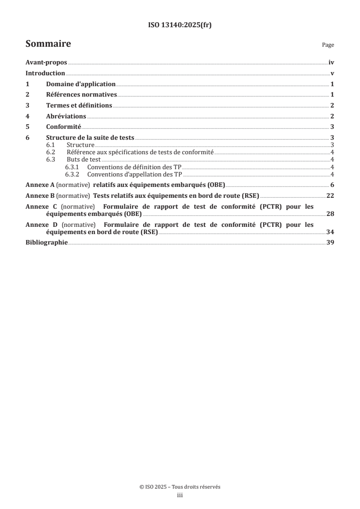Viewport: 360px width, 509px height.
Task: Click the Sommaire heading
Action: point(48,44)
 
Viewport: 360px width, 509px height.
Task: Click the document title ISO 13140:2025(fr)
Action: point(180,25)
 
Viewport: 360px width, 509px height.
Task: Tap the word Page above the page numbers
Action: point(328,45)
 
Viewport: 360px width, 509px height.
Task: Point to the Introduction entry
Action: point(45,73)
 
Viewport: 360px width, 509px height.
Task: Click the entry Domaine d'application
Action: point(81,84)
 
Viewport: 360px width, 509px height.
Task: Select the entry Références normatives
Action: point(82,95)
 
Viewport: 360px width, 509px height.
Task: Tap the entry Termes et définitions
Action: point(79,105)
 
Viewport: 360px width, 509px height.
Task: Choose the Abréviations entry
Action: point(66,116)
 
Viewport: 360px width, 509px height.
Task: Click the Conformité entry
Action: point(64,127)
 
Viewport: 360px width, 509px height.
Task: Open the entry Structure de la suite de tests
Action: point(90,137)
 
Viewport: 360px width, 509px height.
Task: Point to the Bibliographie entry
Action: point(47,243)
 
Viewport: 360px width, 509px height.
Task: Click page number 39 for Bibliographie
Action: point(330,243)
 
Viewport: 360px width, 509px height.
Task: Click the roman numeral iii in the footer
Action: point(180,496)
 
